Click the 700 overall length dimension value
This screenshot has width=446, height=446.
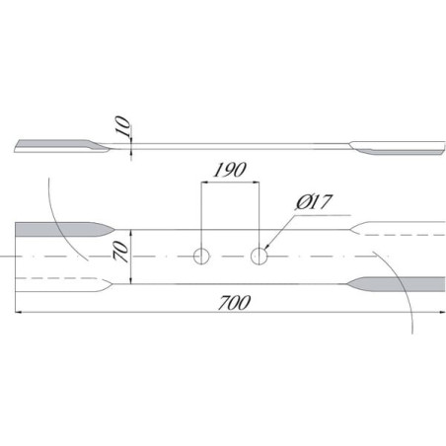pyautogui.click(x=235, y=303)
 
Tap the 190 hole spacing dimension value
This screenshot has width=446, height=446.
pyautogui.click(x=230, y=170)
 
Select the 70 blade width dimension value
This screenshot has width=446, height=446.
pyautogui.click(x=121, y=252)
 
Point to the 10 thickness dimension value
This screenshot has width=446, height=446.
pyautogui.click(x=122, y=125)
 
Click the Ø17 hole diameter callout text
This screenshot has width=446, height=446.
pyautogui.click(x=314, y=202)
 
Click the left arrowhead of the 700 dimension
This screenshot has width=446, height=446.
pyautogui.click(x=19, y=312)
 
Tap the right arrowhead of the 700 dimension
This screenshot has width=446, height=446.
pyautogui.click(x=441, y=312)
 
